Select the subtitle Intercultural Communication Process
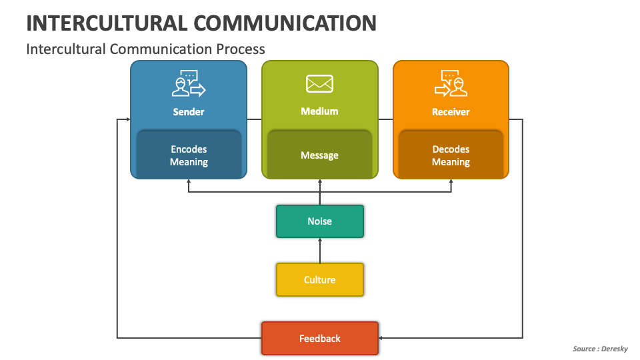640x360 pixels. point(145,49)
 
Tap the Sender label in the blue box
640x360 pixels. point(189,112)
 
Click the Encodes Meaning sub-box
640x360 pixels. point(189,155)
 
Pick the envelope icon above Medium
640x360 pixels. point(319,83)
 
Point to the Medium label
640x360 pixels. point(319,111)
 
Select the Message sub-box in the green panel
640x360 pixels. point(319,155)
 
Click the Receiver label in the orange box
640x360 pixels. point(451,112)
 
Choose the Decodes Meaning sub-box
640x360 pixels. point(451,155)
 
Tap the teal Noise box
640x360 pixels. point(319,221)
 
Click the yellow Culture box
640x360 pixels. point(319,279)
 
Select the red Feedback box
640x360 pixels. point(319,339)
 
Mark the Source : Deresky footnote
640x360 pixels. point(600,349)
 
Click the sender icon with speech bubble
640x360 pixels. point(189,83)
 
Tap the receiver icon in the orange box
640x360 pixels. point(451,83)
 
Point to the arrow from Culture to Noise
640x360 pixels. point(320,250)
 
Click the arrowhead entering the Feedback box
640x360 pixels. point(382,339)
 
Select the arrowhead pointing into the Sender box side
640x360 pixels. point(127,119)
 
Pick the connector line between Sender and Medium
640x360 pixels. point(254,119)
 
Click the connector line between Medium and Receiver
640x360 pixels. point(385,119)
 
